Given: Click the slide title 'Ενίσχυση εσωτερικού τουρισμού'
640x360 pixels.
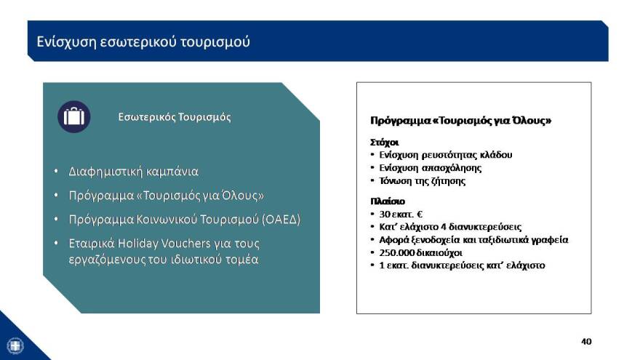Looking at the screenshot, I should [x=143, y=41].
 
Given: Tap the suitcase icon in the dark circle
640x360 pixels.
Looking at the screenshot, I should [x=73, y=116].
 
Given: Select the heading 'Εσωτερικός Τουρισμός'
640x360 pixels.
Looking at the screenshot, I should [x=175, y=116].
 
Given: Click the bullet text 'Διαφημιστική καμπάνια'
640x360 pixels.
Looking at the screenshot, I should [x=133, y=172].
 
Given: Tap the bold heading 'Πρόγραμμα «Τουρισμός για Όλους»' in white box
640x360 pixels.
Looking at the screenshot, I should [x=460, y=120].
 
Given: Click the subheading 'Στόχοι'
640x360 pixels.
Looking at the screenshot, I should [x=385, y=143].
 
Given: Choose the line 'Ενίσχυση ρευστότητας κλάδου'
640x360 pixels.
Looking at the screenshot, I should [x=445, y=155].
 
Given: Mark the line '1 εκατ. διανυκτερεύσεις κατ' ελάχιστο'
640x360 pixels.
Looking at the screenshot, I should [x=461, y=265].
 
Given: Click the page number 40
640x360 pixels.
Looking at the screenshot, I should [x=586, y=341].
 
